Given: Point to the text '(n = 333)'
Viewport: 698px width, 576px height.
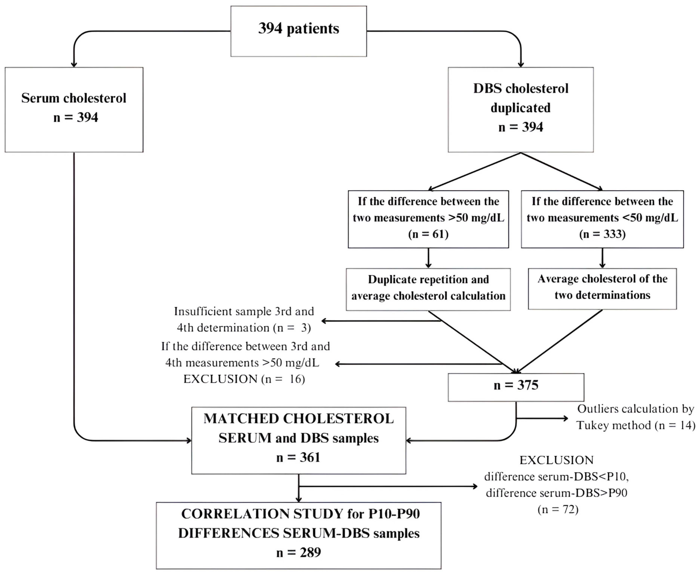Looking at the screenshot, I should [602, 234].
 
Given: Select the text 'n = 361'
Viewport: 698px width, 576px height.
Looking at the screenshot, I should [298, 457].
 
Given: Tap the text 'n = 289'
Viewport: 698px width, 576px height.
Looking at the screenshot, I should [298, 552].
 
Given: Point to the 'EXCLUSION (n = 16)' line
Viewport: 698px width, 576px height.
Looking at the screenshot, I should [244, 379].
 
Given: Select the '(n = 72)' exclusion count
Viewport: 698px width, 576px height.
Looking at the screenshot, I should [558, 509].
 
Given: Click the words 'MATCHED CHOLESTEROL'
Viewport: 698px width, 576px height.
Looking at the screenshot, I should [298, 419].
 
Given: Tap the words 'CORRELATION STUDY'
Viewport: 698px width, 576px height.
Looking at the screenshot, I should [262, 514].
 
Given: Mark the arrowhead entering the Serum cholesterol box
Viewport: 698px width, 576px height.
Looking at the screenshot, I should [74, 64].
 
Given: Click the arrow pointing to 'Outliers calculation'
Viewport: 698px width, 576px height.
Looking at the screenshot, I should [564, 418].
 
